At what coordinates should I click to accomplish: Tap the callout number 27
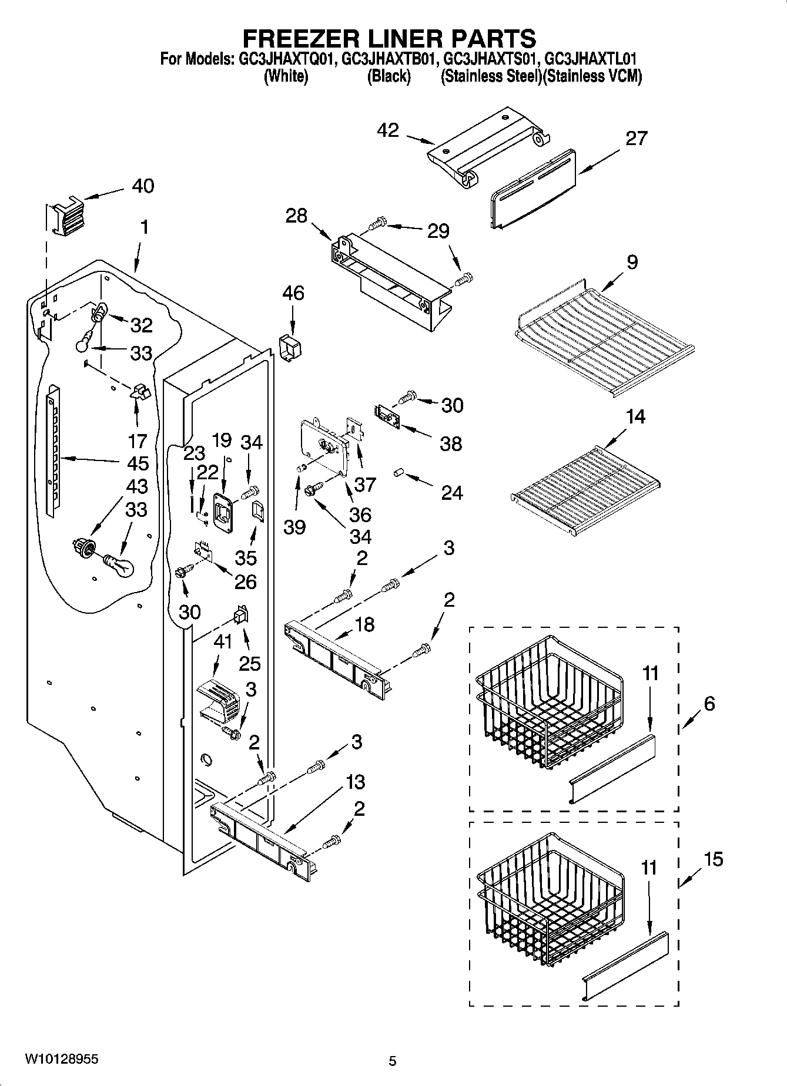tap(636, 139)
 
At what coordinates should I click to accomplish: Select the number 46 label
tap(293, 292)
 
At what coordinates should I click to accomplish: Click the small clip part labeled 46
tap(289, 347)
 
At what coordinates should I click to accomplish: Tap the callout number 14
tap(635, 416)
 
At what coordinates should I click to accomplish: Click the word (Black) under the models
tap(389, 76)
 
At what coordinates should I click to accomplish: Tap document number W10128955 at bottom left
tap(62, 1059)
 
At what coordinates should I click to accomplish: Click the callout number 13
tap(355, 782)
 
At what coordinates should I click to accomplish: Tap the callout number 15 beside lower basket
tap(713, 859)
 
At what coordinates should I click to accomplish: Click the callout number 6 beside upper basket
tap(709, 703)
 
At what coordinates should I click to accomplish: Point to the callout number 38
tap(451, 443)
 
